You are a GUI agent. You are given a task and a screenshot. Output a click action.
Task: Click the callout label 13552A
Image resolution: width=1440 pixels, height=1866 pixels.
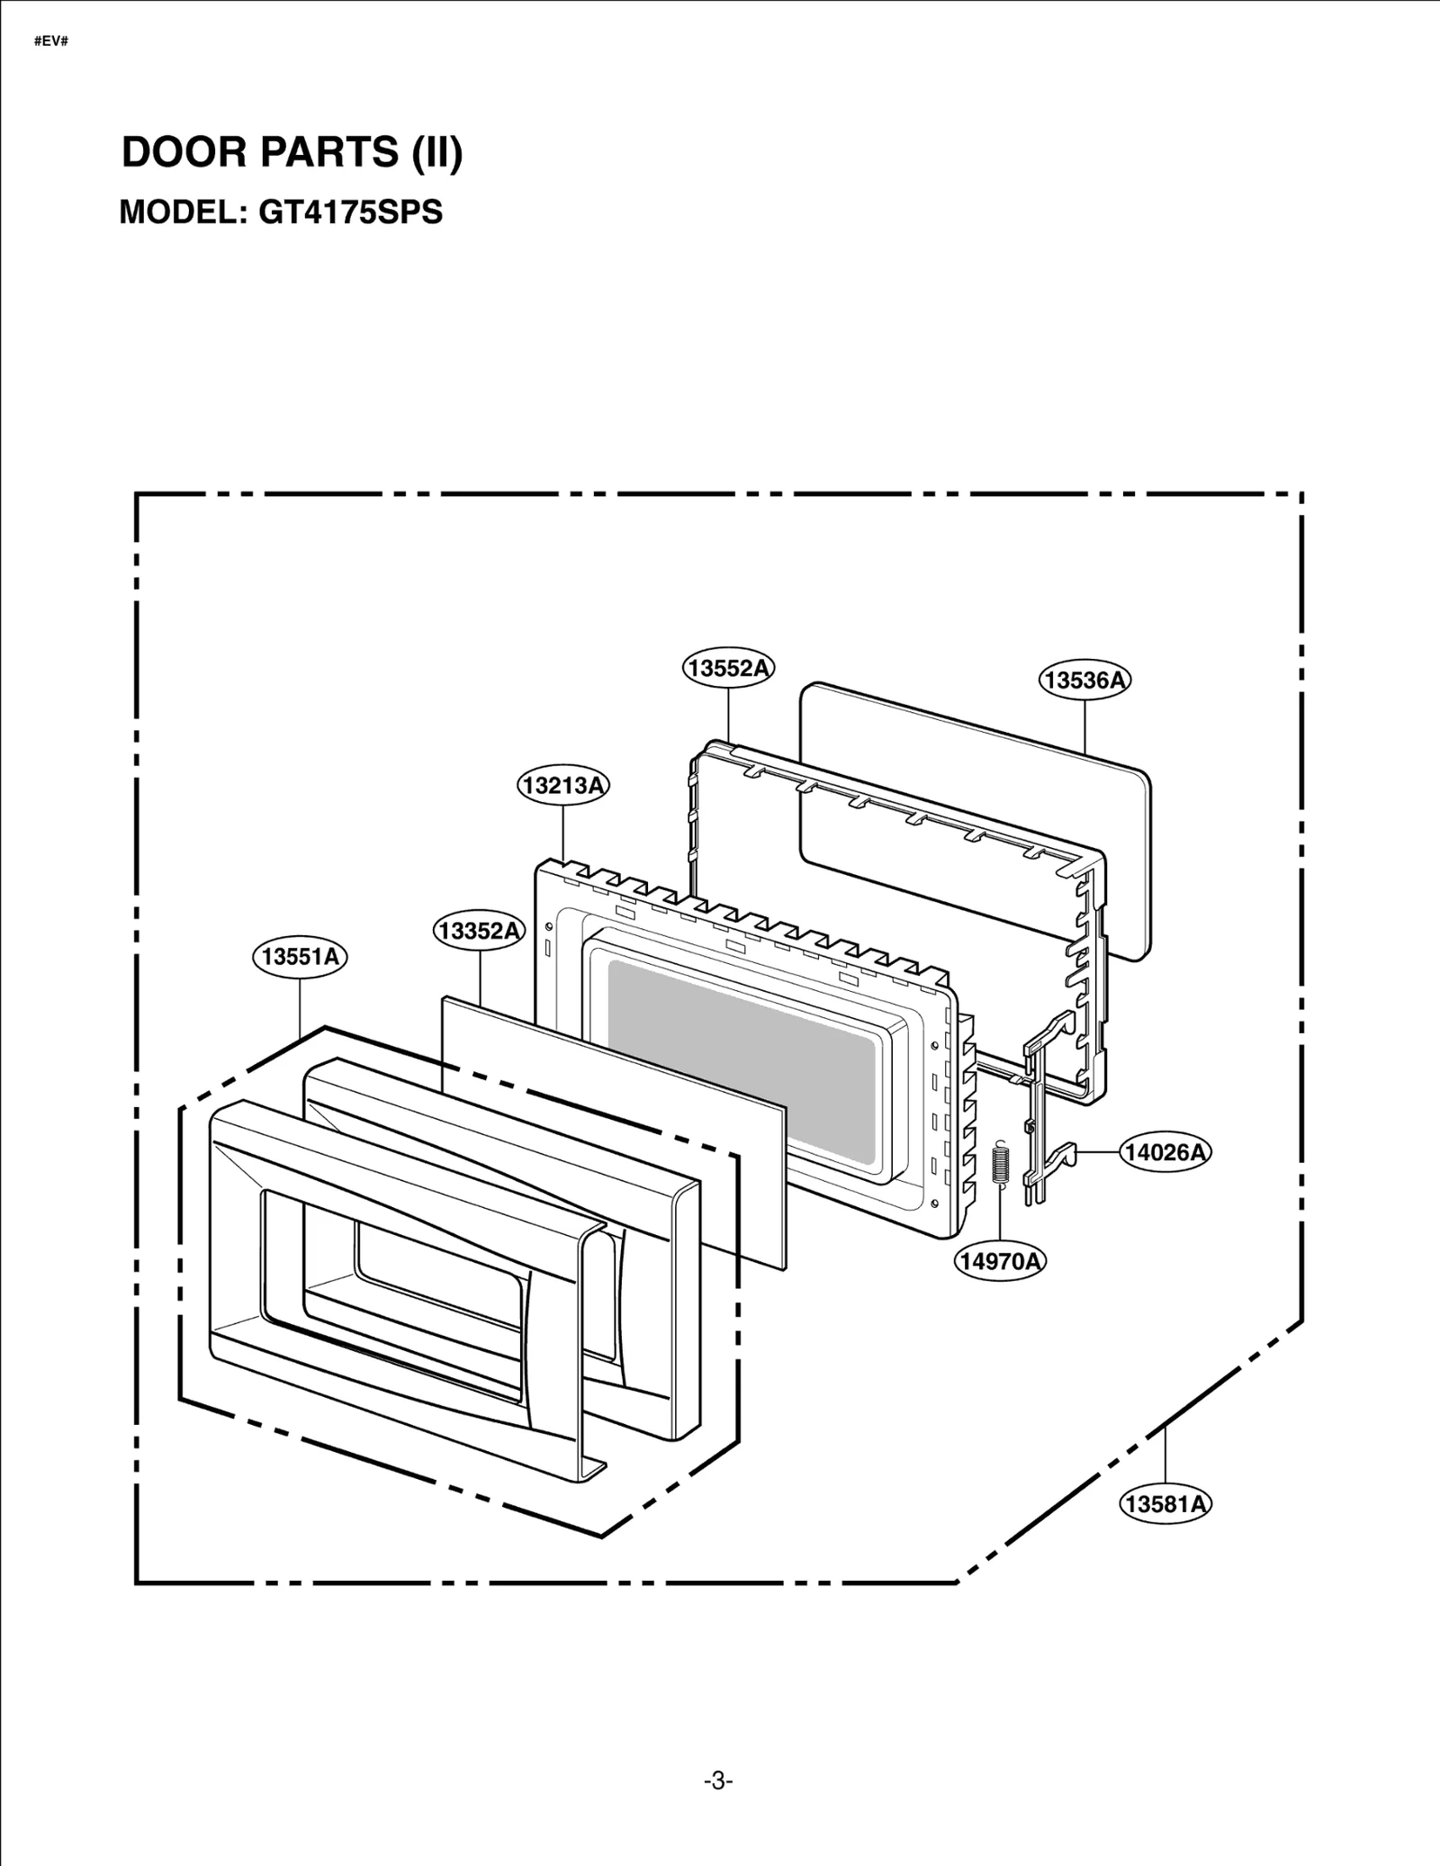click(x=727, y=668)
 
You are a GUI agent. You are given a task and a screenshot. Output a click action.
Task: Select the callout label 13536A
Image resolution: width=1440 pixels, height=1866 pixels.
click(x=1084, y=680)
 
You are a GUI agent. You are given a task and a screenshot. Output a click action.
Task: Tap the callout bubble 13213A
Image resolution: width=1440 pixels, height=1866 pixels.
click(x=563, y=785)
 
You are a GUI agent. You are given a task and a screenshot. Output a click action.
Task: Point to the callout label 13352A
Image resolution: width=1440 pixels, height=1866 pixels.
click(x=480, y=930)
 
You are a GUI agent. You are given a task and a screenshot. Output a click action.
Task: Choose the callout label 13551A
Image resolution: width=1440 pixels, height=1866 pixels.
click(x=300, y=956)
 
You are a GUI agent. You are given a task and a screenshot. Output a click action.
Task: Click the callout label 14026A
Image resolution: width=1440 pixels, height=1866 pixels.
click(x=1165, y=1151)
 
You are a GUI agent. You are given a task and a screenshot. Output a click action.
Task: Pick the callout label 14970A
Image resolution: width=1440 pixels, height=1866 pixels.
click(x=1000, y=1261)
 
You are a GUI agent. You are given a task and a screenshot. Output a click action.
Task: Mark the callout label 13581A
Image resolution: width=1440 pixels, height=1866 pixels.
click(x=1165, y=1503)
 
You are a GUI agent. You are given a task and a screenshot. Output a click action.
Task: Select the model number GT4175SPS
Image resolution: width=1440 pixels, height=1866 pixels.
click(x=350, y=212)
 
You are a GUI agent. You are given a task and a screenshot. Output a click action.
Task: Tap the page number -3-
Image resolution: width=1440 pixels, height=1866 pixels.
click(x=718, y=1780)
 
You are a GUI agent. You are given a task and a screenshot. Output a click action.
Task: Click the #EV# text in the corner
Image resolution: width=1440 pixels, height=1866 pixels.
click(x=51, y=42)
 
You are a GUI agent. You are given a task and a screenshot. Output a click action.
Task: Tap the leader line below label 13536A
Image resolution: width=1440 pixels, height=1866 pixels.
click(x=1084, y=725)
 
